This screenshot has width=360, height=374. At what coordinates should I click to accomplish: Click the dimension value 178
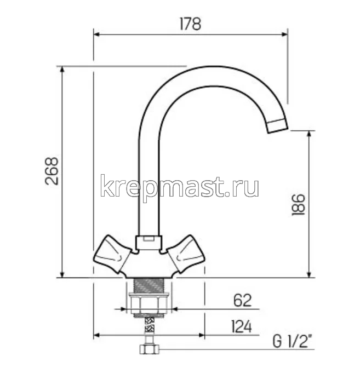[x=190, y=24]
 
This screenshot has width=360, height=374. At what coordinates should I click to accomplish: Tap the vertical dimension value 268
[x=52, y=171]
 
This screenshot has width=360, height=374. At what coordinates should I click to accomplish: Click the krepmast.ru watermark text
[x=180, y=187]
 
